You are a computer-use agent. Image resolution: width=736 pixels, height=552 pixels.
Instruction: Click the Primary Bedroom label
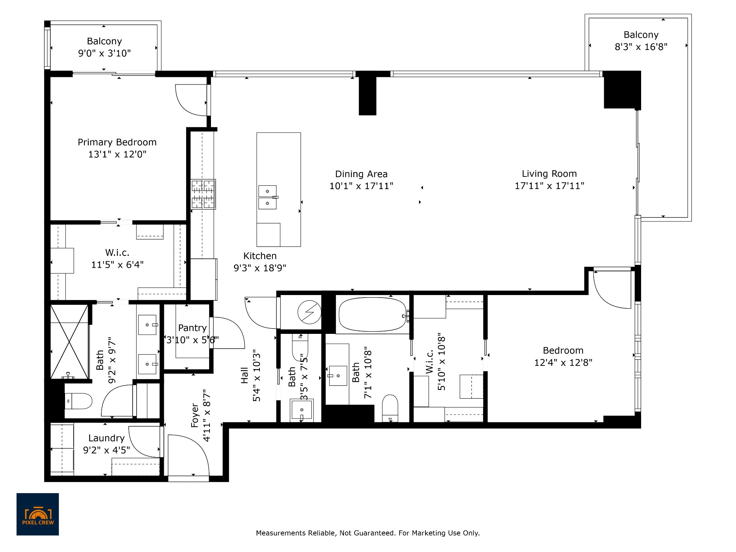(x=117, y=142)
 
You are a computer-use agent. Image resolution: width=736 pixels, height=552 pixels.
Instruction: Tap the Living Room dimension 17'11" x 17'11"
(x=549, y=186)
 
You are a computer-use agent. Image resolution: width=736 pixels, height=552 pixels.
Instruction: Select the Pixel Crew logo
(x=38, y=514)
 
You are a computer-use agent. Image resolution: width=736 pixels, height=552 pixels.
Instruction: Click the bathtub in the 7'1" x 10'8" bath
(x=373, y=314)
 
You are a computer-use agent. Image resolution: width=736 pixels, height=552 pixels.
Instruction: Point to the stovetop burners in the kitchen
(x=203, y=194)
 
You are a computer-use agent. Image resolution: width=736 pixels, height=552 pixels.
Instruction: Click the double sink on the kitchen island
(x=268, y=197)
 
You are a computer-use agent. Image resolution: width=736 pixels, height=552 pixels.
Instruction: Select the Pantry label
(x=192, y=328)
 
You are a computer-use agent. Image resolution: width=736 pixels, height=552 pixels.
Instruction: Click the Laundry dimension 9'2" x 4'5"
(x=106, y=450)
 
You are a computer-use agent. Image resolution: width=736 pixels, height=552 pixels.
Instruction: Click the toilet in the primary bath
(x=80, y=401)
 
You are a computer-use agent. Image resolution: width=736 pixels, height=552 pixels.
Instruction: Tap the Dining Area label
(x=361, y=174)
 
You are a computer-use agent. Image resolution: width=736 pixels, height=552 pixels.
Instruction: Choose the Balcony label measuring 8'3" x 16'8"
(x=641, y=35)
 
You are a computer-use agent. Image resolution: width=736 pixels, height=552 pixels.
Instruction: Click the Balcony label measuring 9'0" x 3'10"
(x=104, y=41)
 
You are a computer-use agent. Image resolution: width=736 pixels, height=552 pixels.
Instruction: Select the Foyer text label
(x=195, y=415)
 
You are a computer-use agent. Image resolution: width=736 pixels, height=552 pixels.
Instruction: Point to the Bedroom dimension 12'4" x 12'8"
(x=563, y=362)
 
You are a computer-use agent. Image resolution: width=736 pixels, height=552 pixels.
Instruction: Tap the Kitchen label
(x=260, y=256)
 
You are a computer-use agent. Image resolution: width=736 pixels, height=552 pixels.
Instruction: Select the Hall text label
(x=244, y=375)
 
